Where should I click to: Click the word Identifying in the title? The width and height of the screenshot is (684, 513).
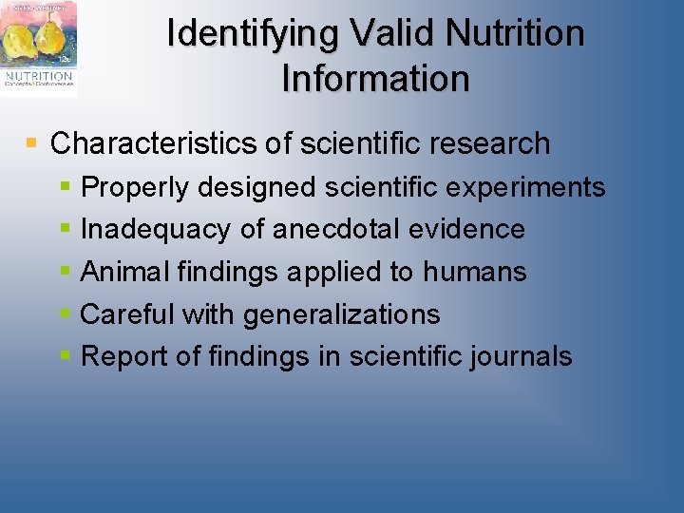(x=254, y=34)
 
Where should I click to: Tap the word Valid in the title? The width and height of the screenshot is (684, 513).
(x=393, y=34)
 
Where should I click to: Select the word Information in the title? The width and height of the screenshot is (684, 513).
(x=375, y=79)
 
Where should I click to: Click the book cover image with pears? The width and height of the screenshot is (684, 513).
(x=39, y=47)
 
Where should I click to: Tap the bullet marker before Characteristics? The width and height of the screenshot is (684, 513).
(x=31, y=143)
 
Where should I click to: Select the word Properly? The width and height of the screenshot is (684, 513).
(x=136, y=187)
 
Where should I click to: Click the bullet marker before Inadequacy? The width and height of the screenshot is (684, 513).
(x=65, y=230)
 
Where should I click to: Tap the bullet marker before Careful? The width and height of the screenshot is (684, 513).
(x=65, y=314)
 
